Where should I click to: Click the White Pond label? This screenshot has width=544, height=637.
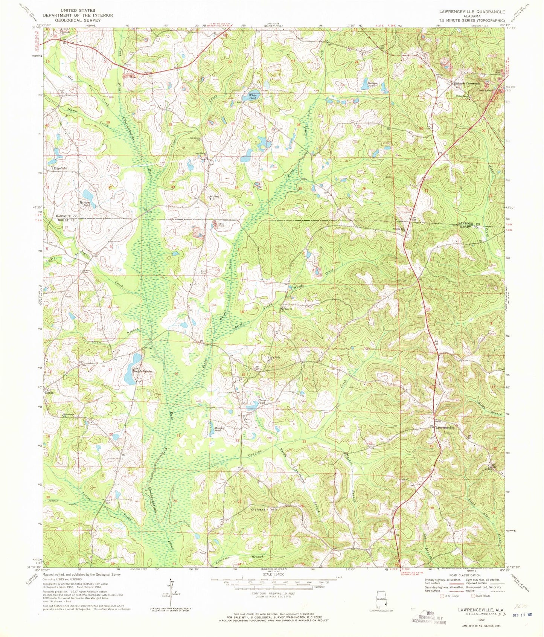253,96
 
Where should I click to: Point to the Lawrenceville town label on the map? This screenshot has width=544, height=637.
446,428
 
